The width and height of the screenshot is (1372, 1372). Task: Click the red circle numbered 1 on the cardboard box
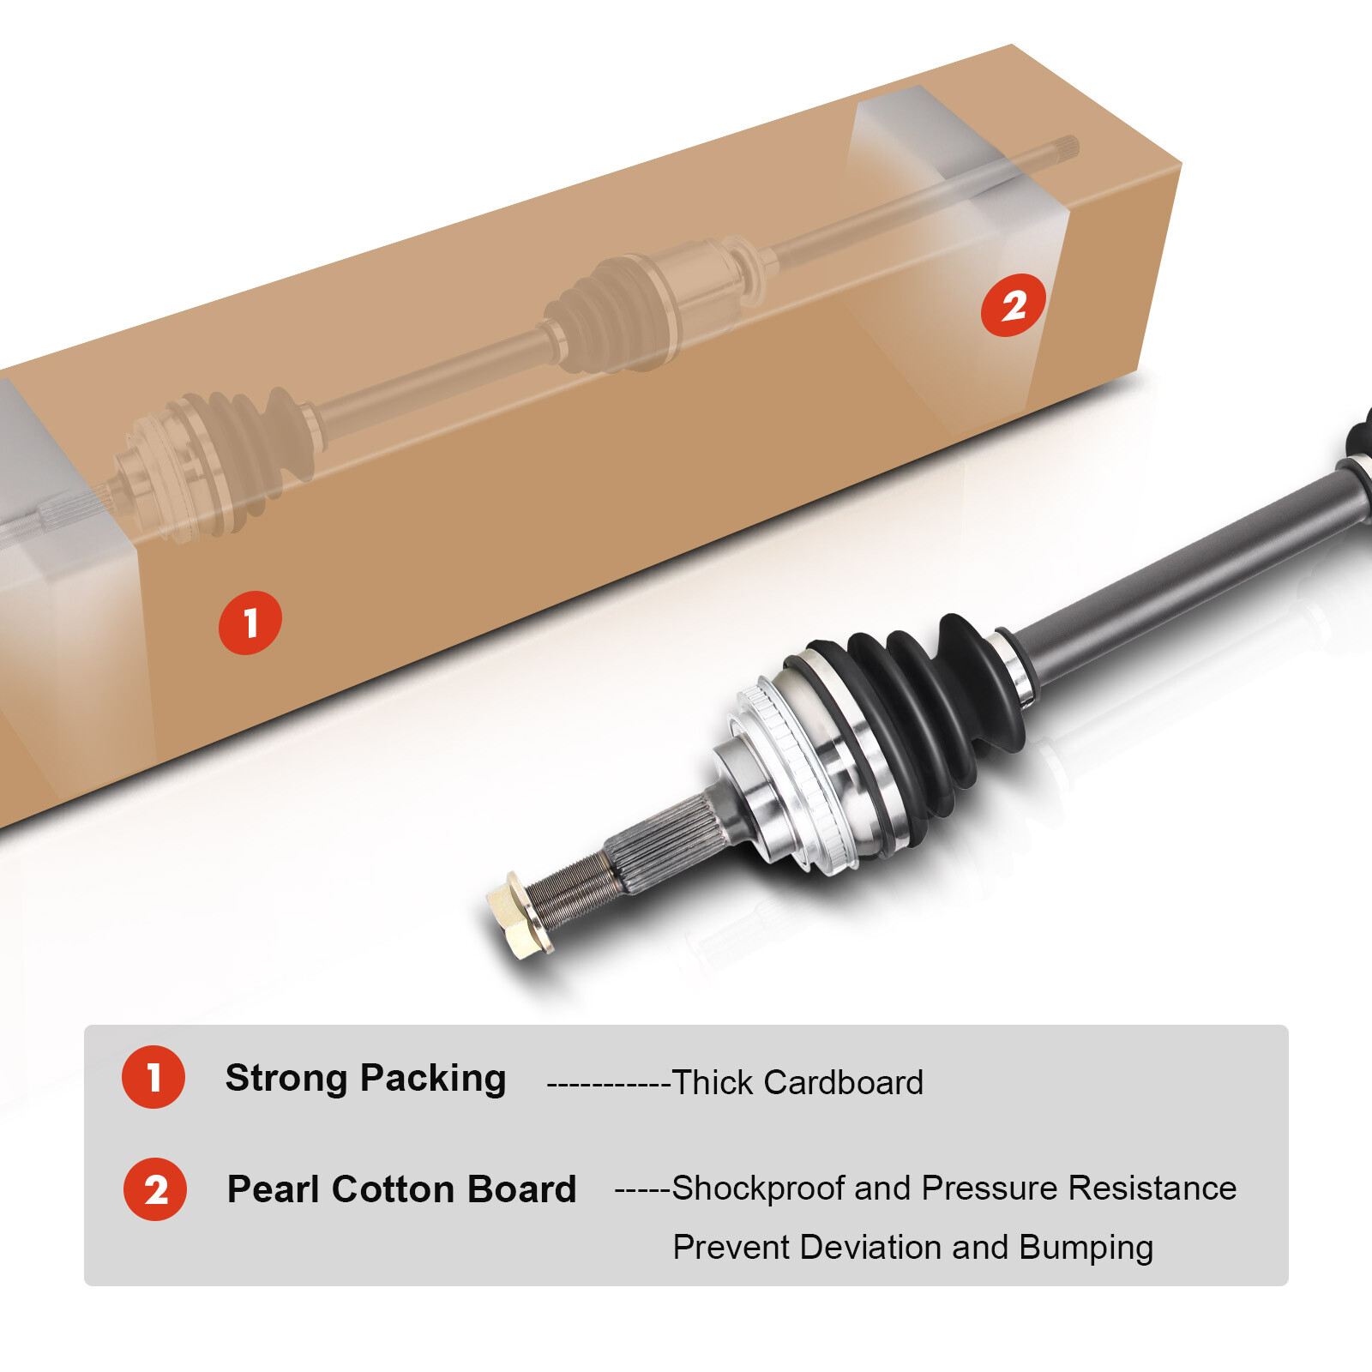(250, 623)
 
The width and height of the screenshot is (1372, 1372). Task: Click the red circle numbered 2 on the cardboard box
(1014, 305)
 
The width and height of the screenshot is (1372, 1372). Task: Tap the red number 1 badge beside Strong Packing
(153, 1077)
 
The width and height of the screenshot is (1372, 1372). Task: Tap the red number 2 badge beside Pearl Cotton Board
(155, 1189)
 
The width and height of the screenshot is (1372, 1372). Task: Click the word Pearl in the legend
(273, 1189)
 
